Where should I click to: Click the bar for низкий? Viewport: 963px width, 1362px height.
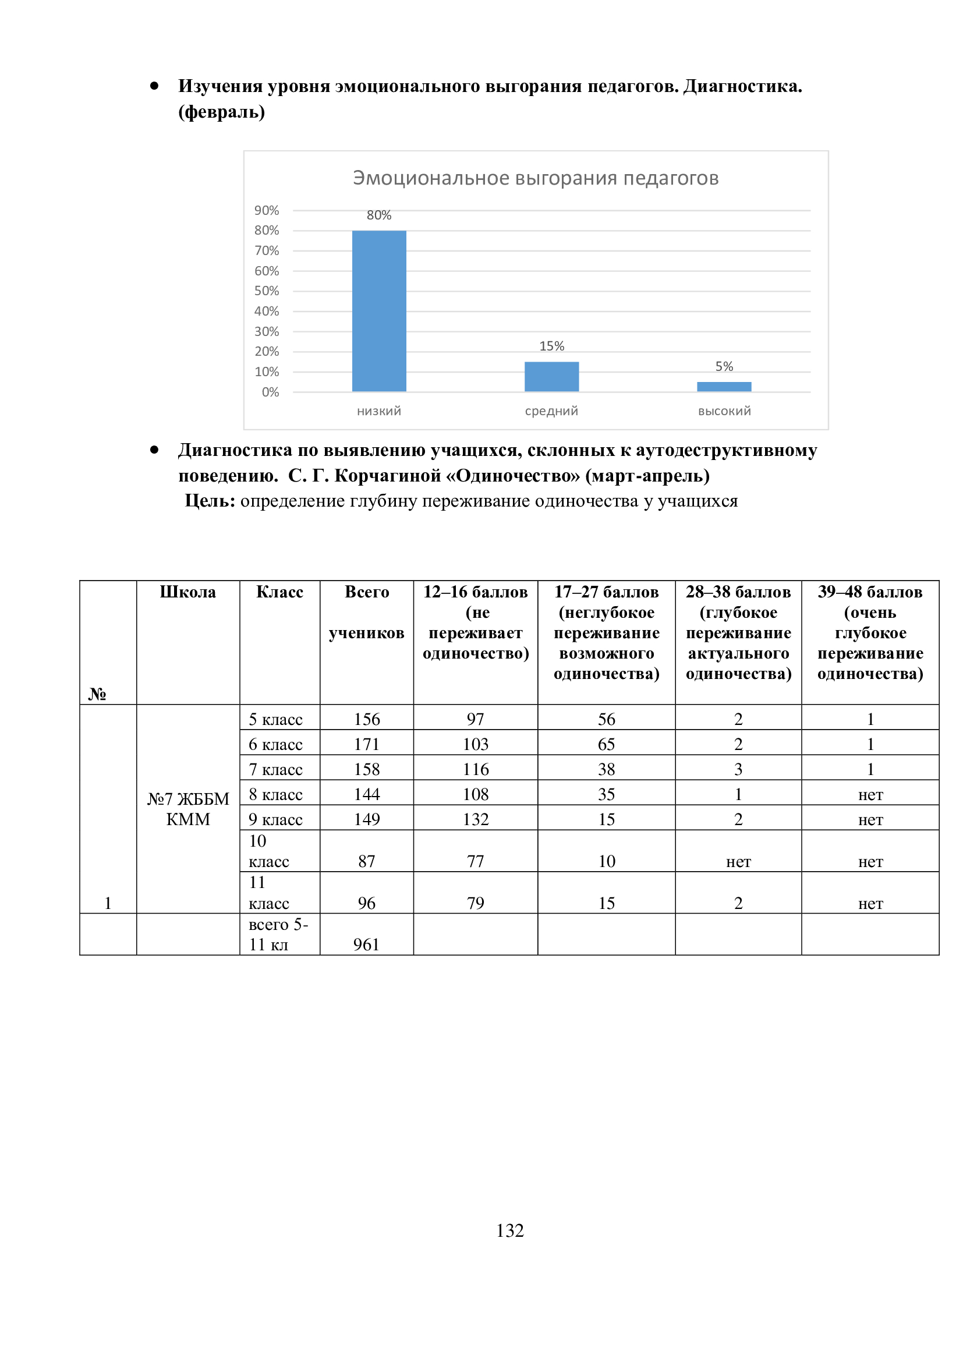click(379, 311)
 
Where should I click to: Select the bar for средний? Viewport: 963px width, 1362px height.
click(551, 377)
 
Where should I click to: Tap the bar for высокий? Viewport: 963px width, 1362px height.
click(724, 387)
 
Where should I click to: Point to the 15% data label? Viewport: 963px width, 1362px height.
click(551, 346)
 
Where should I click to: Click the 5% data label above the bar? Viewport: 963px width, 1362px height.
click(724, 367)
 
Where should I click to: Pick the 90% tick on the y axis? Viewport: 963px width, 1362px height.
click(266, 211)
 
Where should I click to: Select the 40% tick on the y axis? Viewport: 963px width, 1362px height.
click(266, 312)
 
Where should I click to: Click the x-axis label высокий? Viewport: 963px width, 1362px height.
click(724, 411)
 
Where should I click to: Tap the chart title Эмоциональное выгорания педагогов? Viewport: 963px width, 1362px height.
click(536, 178)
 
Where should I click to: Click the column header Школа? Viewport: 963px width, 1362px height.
click(188, 592)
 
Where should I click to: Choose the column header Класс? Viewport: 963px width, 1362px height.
click(279, 592)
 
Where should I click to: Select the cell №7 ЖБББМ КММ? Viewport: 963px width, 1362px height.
click(188, 809)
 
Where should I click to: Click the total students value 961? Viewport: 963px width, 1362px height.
click(366, 944)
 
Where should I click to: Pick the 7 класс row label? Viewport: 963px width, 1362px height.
click(276, 769)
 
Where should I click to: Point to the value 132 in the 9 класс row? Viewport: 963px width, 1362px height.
click(476, 819)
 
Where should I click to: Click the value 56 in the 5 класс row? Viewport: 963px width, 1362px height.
click(606, 719)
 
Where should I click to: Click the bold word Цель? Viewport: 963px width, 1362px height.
click(210, 501)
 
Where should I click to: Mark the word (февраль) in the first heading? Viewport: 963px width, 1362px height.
click(222, 112)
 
